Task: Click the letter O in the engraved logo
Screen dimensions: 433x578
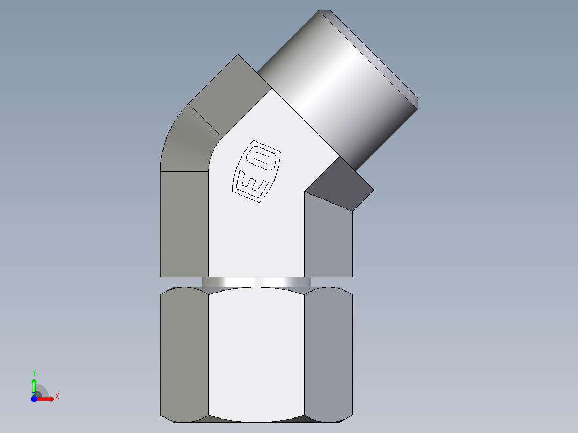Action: (x=263, y=160)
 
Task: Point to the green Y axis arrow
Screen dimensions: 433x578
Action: (x=34, y=385)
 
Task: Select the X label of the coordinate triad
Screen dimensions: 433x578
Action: (x=57, y=397)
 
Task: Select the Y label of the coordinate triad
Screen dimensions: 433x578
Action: (x=34, y=372)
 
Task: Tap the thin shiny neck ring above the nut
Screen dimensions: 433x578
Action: (x=256, y=282)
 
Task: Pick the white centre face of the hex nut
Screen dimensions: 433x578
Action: (x=256, y=354)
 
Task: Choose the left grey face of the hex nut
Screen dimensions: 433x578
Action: (x=184, y=354)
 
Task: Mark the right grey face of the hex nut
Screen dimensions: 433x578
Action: (x=328, y=354)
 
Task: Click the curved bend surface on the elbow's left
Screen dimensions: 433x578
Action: (x=185, y=142)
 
